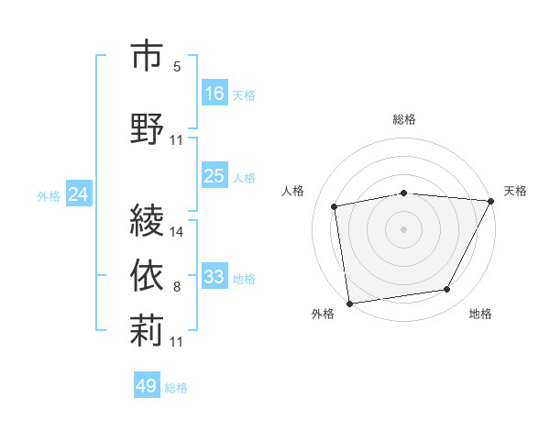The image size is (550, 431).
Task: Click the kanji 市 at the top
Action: tap(147, 56)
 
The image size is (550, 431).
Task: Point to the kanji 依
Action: tap(147, 275)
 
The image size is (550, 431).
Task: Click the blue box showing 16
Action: tap(214, 94)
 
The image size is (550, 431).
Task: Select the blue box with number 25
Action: tap(214, 176)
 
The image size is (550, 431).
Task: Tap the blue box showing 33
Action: tap(214, 277)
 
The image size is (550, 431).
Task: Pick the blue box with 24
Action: tap(79, 194)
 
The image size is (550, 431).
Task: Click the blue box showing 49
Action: tap(147, 386)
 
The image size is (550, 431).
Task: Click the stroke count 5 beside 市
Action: tap(177, 67)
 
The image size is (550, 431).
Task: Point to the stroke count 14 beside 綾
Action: tap(177, 232)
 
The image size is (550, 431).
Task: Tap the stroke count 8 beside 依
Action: tap(177, 287)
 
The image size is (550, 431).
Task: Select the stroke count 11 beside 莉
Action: tap(177, 341)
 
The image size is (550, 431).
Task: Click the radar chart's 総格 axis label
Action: tap(404, 119)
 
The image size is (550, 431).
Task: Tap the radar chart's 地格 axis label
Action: tap(480, 314)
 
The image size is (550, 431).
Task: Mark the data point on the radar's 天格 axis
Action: tap(490, 201)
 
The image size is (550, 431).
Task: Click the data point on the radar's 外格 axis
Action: tap(349, 303)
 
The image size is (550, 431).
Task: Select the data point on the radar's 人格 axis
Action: tap(335, 206)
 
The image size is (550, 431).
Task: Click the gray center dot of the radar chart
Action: tap(404, 228)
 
